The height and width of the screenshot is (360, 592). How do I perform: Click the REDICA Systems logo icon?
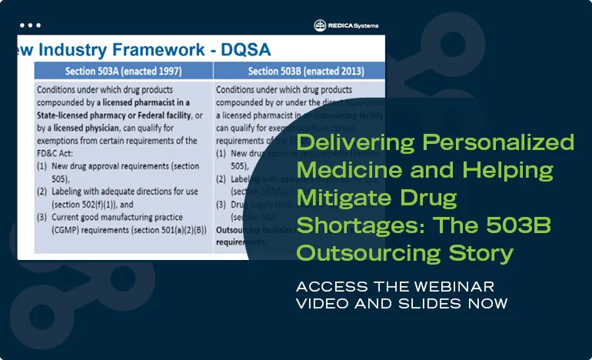[320, 25]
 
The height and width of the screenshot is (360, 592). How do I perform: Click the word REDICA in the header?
[341, 25]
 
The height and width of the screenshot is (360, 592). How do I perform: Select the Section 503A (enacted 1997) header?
[124, 72]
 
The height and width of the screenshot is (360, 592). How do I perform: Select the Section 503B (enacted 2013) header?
[299, 72]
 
